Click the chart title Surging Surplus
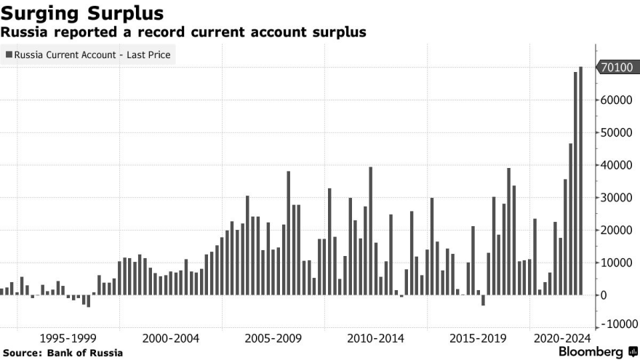(x=81, y=13)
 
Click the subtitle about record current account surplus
(x=183, y=33)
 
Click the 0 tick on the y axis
(x=604, y=295)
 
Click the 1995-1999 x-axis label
(x=68, y=338)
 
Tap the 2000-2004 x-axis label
(x=171, y=338)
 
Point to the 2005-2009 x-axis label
(x=273, y=338)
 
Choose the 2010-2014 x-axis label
(x=375, y=338)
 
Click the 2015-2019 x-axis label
(x=478, y=338)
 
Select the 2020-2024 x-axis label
(x=562, y=338)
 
